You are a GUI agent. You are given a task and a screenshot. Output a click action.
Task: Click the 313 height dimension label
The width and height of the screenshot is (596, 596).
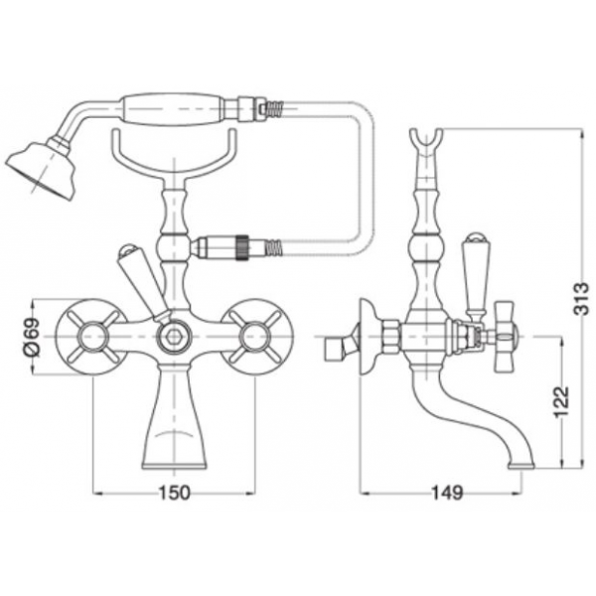[x=580, y=298]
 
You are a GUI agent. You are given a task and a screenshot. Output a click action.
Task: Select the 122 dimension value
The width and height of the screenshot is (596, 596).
[x=562, y=402]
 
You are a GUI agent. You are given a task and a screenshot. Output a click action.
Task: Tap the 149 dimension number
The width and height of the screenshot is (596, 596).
[x=447, y=494]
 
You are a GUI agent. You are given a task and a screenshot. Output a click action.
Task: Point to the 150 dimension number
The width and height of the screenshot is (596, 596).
[x=174, y=494]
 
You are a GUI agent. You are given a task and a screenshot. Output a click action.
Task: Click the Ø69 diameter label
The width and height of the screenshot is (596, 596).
[x=33, y=337]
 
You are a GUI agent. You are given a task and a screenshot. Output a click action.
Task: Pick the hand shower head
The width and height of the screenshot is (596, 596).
[x=41, y=169]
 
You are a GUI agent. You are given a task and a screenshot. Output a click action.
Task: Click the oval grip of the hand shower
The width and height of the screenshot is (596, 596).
[x=172, y=108]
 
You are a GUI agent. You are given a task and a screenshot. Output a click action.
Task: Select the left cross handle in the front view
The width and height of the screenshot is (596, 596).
[x=91, y=337]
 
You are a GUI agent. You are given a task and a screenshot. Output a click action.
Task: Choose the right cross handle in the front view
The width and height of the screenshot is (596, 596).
[x=256, y=337]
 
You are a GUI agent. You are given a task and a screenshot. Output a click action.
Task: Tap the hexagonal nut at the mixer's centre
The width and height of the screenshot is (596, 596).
[x=174, y=337]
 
